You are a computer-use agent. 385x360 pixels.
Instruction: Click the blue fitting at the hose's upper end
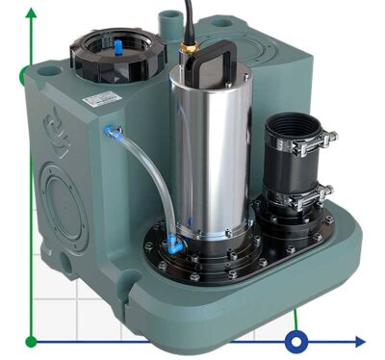pos(112,132)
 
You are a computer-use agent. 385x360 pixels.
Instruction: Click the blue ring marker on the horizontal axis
pos(297,341)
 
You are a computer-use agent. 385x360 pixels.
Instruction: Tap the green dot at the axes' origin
pos(31,341)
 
